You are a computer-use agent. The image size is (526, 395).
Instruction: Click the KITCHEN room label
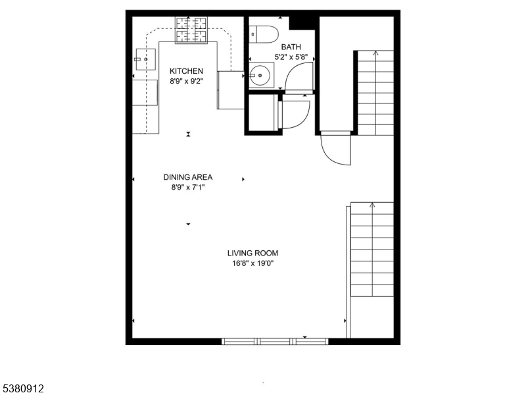pyautogui.click(x=187, y=71)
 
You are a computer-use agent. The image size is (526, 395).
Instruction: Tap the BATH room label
pyautogui.click(x=291, y=47)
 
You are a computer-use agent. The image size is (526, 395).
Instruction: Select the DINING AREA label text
pyautogui.click(x=188, y=177)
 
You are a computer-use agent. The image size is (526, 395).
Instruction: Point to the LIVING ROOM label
pyautogui.click(x=252, y=253)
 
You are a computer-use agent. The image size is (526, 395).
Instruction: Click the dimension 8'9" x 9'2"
pyautogui.click(x=187, y=82)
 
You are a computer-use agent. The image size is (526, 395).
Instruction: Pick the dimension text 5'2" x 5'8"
pyautogui.click(x=291, y=57)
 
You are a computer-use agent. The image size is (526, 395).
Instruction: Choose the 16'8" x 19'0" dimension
pyautogui.click(x=252, y=264)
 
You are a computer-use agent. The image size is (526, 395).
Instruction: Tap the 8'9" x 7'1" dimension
pyautogui.click(x=188, y=187)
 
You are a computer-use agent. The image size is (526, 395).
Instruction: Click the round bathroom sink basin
pyautogui.click(x=261, y=76)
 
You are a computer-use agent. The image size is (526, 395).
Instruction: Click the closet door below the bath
pyautogui.click(x=294, y=112)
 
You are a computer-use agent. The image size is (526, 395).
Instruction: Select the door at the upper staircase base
pyautogui.click(x=337, y=149)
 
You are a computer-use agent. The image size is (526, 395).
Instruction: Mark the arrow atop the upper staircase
pyautogui.click(x=375, y=52)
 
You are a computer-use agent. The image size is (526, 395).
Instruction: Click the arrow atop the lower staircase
pyautogui.click(x=372, y=205)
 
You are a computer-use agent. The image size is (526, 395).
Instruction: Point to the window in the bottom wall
pyautogui.click(x=274, y=341)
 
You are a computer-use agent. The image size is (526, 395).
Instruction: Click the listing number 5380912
pyautogui.click(x=22, y=389)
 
